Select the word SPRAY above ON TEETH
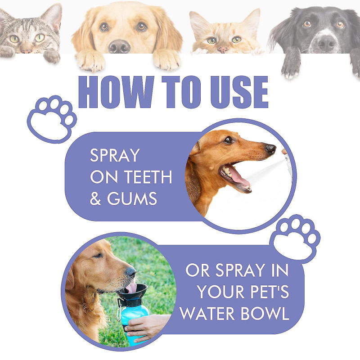tap(115, 156)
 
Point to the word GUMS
tap(132, 199)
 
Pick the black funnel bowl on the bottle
tap(132, 292)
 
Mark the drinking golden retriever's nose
tap(130, 271)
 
